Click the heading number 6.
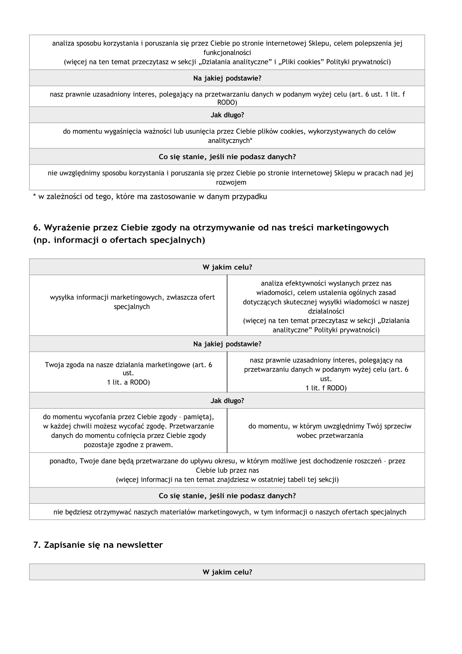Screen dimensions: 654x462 (37, 228)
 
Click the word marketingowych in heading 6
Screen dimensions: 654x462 (353, 228)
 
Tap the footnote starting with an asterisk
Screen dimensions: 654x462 (150, 197)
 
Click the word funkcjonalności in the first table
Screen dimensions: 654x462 (227, 53)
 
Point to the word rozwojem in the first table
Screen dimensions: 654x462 (231, 183)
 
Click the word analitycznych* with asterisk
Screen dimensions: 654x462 (230, 141)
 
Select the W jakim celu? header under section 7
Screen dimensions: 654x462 (227, 572)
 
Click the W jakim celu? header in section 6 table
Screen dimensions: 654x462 (227, 267)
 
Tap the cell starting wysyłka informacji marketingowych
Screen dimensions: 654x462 (132, 302)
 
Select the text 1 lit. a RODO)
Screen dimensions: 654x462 (128, 382)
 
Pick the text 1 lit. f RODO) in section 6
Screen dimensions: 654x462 (326, 388)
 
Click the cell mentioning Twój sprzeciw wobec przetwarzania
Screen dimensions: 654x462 (330, 431)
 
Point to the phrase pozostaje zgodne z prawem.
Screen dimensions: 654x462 (128, 445)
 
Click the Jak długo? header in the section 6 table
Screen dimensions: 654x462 (227, 401)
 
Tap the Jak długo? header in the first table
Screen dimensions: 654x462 (227, 115)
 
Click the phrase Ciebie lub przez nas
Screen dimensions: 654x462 (227, 470)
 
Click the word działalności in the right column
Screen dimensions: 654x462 (326, 311)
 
